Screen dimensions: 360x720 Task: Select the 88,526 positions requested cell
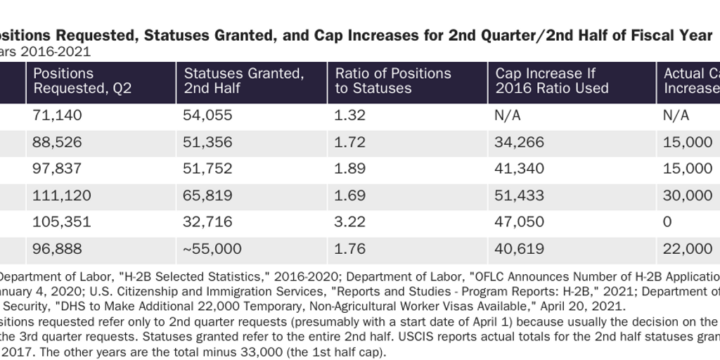(58, 142)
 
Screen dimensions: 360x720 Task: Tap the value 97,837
(58, 169)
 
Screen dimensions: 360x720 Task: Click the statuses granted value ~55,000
(212, 249)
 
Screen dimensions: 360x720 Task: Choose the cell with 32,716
(207, 222)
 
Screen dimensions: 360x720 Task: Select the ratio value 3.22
(350, 222)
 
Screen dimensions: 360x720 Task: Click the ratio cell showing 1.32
(350, 115)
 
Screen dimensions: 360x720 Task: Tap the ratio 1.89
(350, 169)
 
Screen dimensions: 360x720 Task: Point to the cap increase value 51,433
(520, 195)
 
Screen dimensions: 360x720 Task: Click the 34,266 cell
(520, 142)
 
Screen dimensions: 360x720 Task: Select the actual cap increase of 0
(667, 222)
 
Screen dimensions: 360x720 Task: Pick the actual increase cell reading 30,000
(687, 195)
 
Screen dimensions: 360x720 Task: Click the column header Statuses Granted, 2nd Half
(243, 81)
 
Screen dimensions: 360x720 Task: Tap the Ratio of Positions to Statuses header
(393, 81)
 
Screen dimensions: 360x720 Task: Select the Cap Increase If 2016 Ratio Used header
(552, 81)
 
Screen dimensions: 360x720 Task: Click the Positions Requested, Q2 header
(82, 81)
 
